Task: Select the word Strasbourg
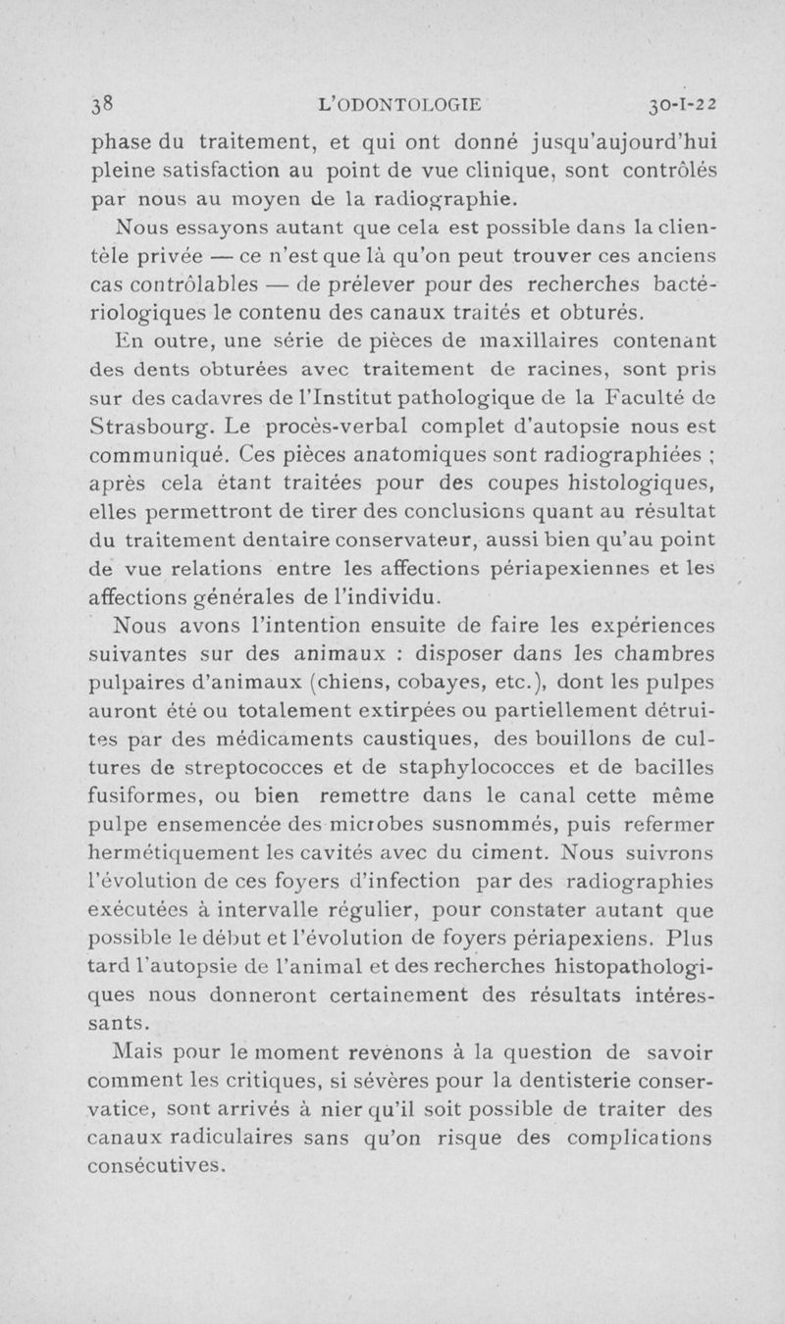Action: pos(147,430)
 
